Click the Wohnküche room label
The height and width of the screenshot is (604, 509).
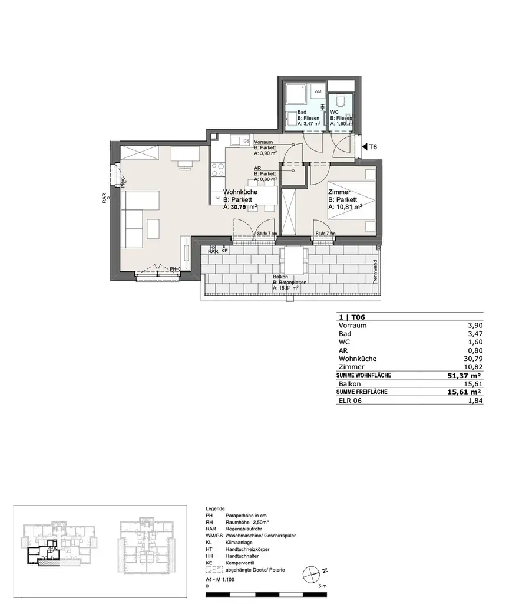pos(239,192)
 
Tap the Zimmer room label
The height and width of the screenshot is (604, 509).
pos(339,192)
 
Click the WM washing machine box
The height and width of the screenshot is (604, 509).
pos(318,91)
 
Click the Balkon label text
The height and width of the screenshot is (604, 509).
pos(281,277)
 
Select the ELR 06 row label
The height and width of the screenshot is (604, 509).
pos(349,401)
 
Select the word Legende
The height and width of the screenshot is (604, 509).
pos(215,508)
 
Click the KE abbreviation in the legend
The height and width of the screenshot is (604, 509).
pos(209,563)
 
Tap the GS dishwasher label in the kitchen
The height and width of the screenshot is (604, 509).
pos(246,141)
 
